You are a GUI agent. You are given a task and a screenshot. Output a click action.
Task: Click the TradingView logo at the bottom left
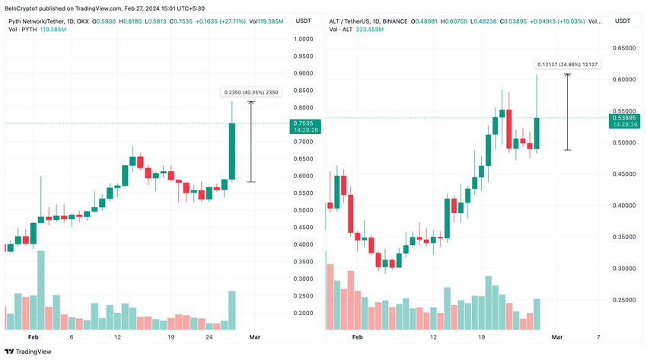[x=28, y=351]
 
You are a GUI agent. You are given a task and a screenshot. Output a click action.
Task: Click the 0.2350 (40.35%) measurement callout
[x=251, y=92]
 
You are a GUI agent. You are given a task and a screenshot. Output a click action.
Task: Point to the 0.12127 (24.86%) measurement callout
[x=568, y=65]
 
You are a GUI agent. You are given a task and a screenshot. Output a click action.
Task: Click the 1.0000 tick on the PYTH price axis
[x=304, y=39]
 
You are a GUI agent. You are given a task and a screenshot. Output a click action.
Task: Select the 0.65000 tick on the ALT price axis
[x=625, y=48]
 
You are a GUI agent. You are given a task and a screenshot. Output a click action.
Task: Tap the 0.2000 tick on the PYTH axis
[x=304, y=313]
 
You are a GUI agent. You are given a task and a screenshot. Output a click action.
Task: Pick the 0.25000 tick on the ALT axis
[x=625, y=300]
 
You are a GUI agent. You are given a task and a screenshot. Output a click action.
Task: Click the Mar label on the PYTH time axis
[x=256, y=336]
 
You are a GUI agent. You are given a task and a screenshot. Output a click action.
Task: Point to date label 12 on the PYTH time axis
[x=117, y=336]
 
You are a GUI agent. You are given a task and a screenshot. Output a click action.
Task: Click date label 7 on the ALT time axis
[x=598, y=336]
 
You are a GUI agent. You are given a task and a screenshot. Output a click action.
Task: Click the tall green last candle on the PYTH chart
[x=232, y=151]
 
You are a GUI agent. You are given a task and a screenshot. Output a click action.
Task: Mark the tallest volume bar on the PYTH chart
[x=41, y=290]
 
